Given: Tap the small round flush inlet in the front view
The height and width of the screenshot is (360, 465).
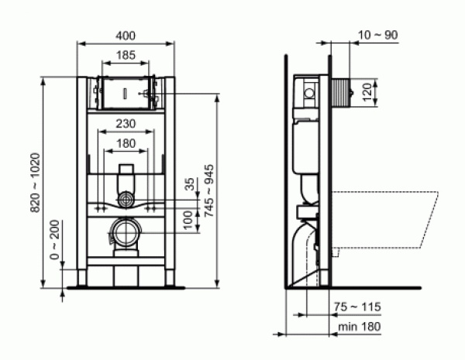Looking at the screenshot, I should click(125, 200).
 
